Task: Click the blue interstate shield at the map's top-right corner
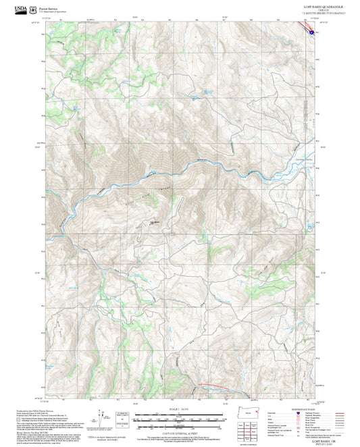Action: (311, 30)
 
